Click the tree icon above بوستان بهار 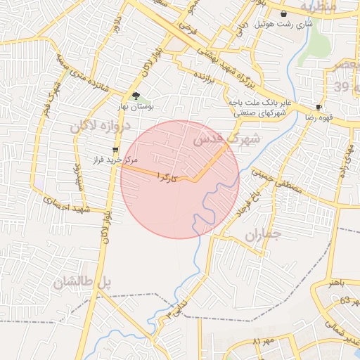(x=135, y=96)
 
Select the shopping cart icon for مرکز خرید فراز (x=115, y=149)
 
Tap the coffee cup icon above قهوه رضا (x=319, y=108)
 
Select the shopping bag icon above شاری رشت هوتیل (x=283, y=13)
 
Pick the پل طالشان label (x=82, y=283)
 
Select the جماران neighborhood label (x=262, y=236)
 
